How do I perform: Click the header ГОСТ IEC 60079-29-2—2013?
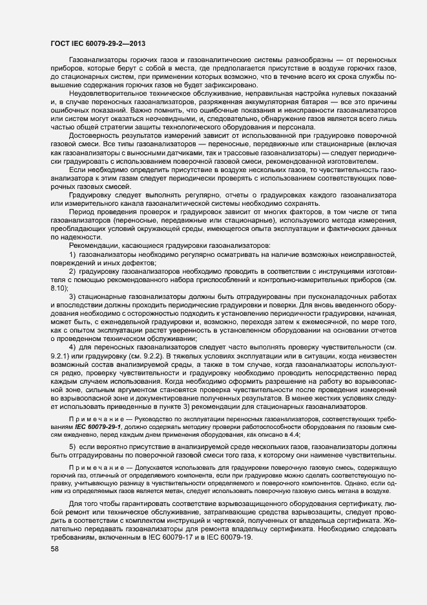pos(97,43)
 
